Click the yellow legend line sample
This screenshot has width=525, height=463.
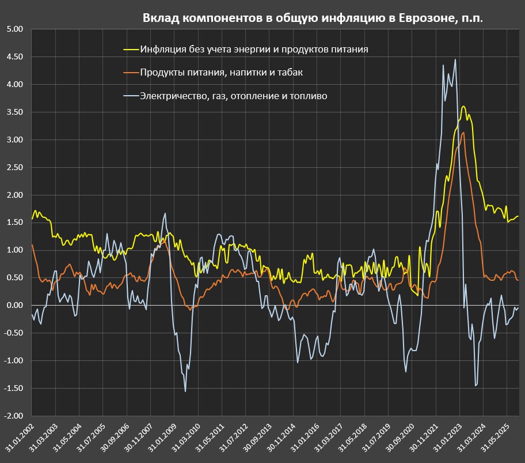tap(131, 50)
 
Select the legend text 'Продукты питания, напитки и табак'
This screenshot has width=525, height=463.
tap(221, 73)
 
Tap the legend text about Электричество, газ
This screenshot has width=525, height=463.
tap(234, 96)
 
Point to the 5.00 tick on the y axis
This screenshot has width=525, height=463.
tap(13, 29)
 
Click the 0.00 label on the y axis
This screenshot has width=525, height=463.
tap(13, 306)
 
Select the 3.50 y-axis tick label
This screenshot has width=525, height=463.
tap(13, 112)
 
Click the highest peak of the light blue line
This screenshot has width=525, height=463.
tap(455, 59)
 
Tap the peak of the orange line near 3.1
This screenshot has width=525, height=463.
tap(463, 133)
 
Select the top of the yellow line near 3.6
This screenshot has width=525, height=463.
tap(463, 106)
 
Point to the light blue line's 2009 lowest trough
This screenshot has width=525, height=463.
tap(185, 392)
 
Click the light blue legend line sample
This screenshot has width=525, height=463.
tap(131, 96)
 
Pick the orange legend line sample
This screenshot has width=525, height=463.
tap(131, 73)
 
